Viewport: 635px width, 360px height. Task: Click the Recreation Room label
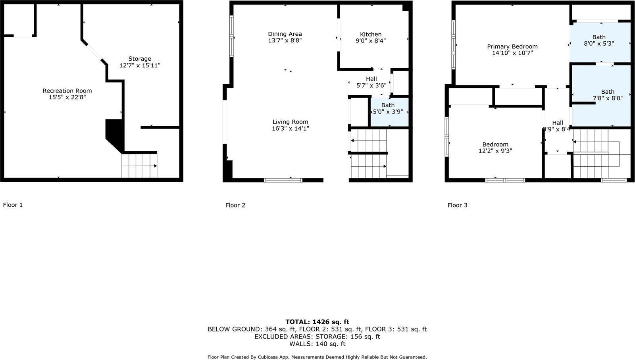tap(67, 91)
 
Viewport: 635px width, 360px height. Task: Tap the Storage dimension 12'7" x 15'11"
tap(140, 65)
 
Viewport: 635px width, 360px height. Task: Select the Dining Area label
tap(285, 34)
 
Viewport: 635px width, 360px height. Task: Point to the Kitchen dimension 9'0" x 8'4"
tap(371, 41)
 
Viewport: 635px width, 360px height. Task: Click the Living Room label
tap(290, 122)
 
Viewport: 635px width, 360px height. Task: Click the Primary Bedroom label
tap(512, 46)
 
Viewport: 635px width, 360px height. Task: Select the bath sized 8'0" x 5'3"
tap(599, 40)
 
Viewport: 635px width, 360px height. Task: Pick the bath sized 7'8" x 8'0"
tap(607, 95)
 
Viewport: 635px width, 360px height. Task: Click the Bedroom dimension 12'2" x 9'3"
tap(495, 151)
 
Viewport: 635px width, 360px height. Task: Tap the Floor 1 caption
tap(13, 205)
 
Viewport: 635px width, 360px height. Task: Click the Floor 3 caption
tap(457, 205)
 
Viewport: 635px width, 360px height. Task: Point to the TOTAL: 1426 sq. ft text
tap(317, 322)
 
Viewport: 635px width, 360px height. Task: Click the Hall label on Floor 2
tap(371, 79)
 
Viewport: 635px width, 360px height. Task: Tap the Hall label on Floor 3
tap(557, 123)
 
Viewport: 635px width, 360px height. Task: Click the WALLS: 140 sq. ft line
tap(317, 344)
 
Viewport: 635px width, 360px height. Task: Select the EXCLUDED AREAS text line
tap(317, 337)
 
